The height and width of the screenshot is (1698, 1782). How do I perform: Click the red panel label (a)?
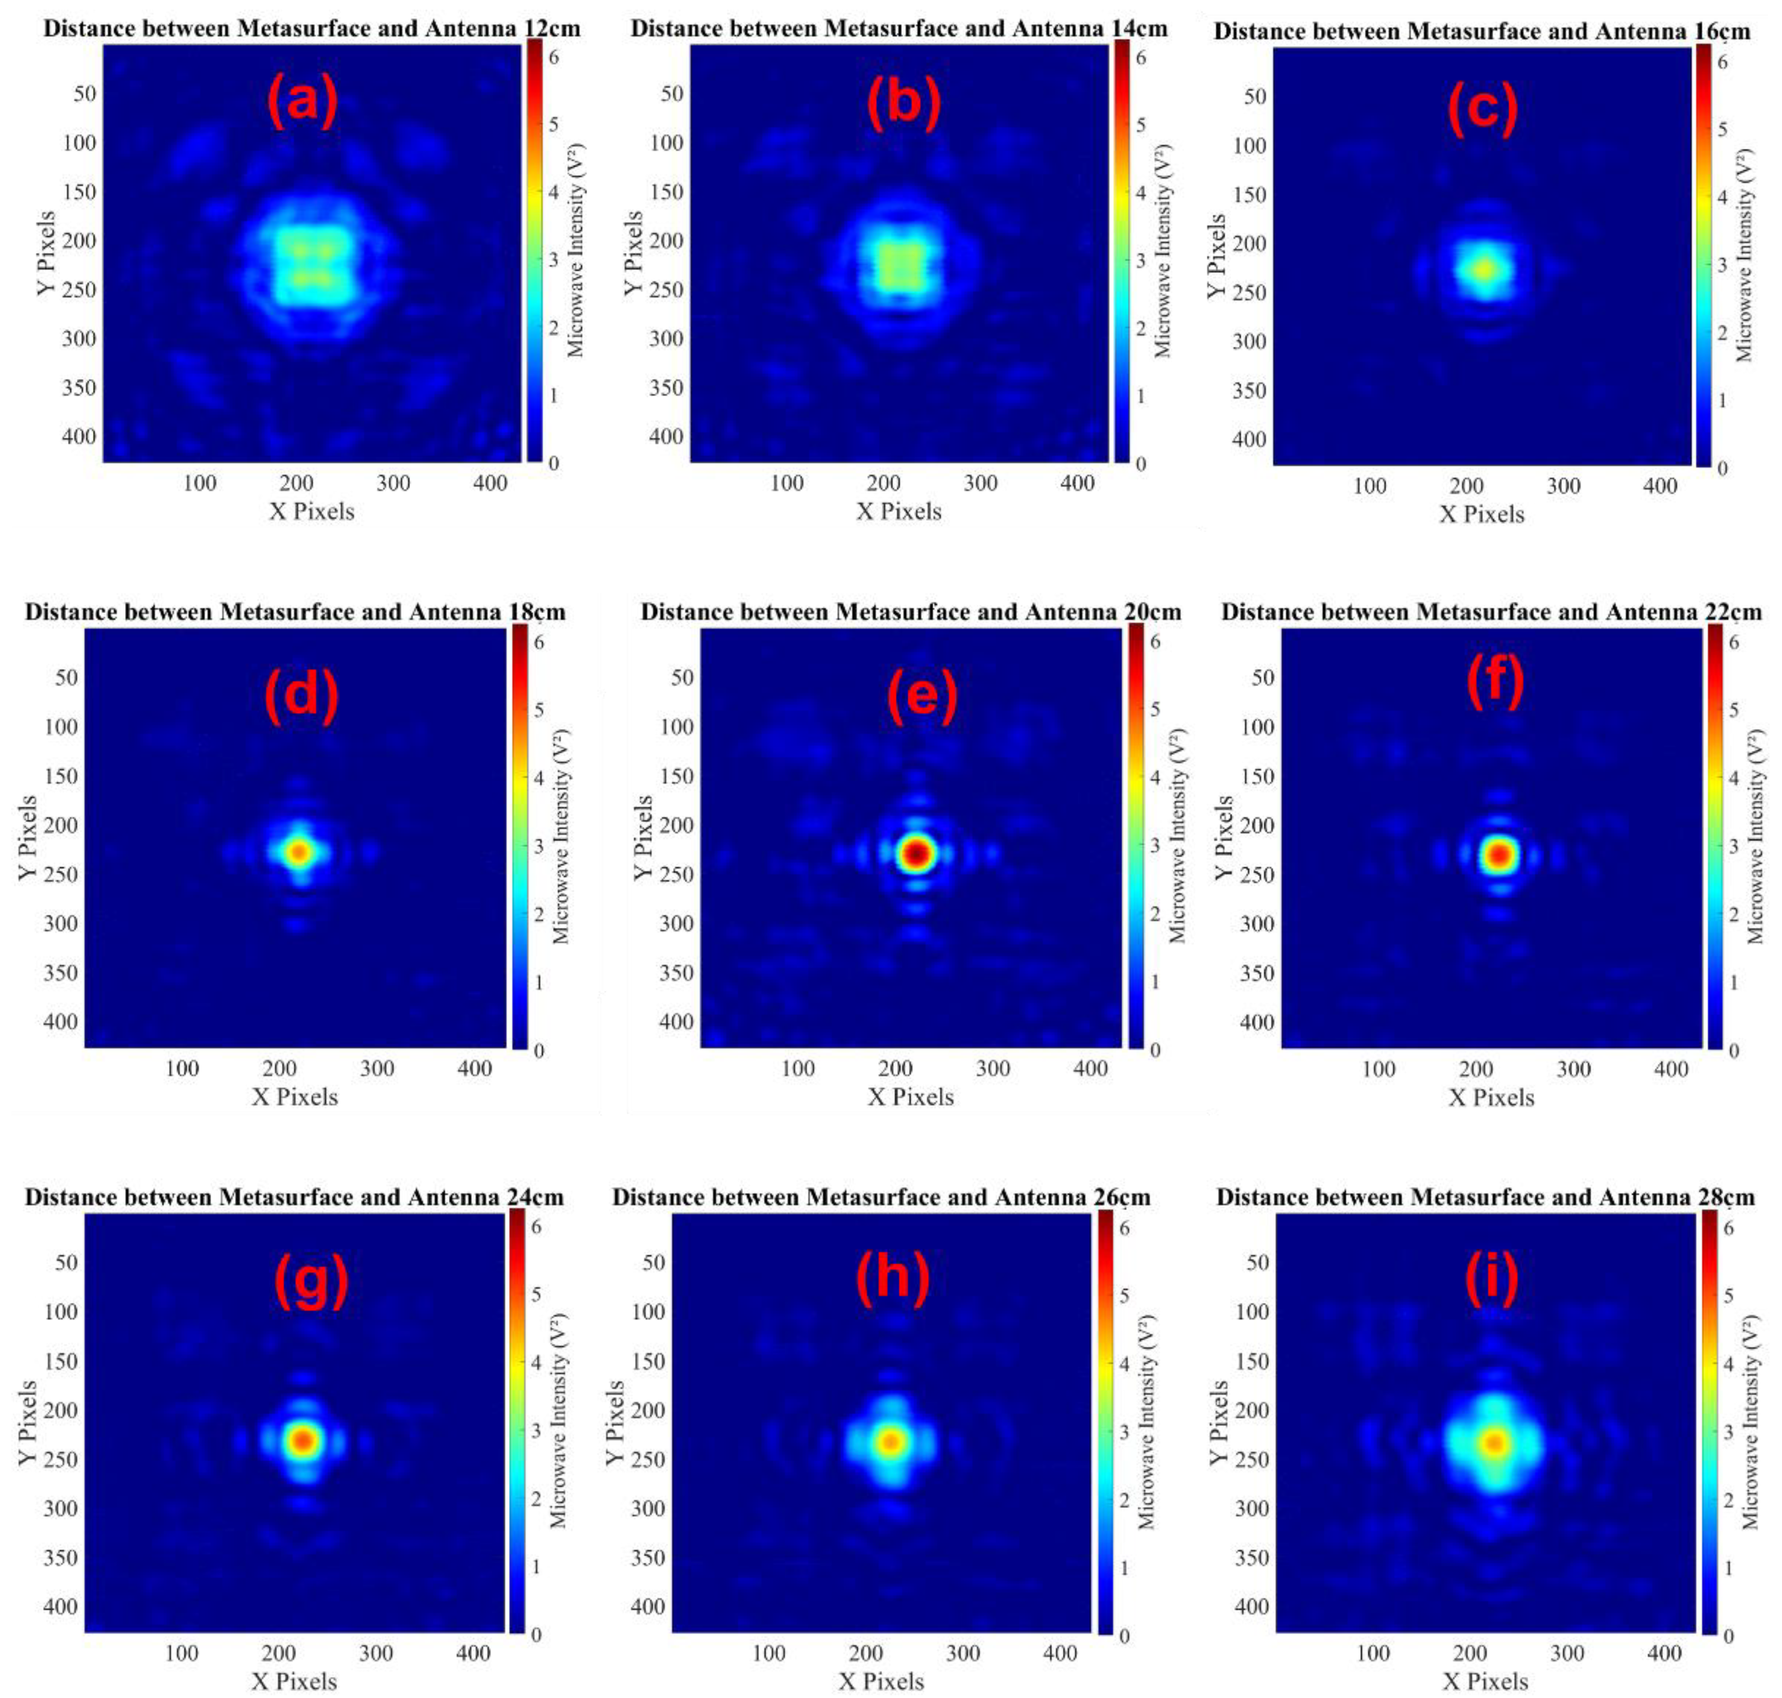(301, 101)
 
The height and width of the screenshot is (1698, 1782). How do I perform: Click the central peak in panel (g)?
(303, 1439)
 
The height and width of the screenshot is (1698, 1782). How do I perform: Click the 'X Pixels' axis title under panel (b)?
(899, 512)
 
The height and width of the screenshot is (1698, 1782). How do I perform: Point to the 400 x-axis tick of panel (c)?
(1660, 486)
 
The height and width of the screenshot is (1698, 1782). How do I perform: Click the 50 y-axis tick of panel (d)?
(66, 677)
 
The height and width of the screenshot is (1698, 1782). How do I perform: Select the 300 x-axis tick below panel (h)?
(963, 1653)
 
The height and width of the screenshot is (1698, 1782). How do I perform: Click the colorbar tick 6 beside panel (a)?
(553, 57)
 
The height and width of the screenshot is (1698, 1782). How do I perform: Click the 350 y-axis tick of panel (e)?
(676, 972)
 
